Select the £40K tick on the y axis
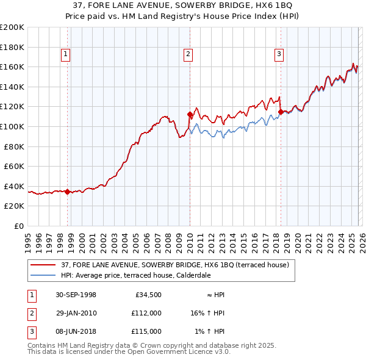tap(14, 186)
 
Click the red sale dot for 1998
tap(68, 192)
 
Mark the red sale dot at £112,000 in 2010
tap(190, 114)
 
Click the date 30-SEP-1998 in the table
tap(75, 295)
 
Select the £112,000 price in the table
tap(146, 313)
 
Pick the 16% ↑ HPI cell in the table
tap(207, 313)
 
